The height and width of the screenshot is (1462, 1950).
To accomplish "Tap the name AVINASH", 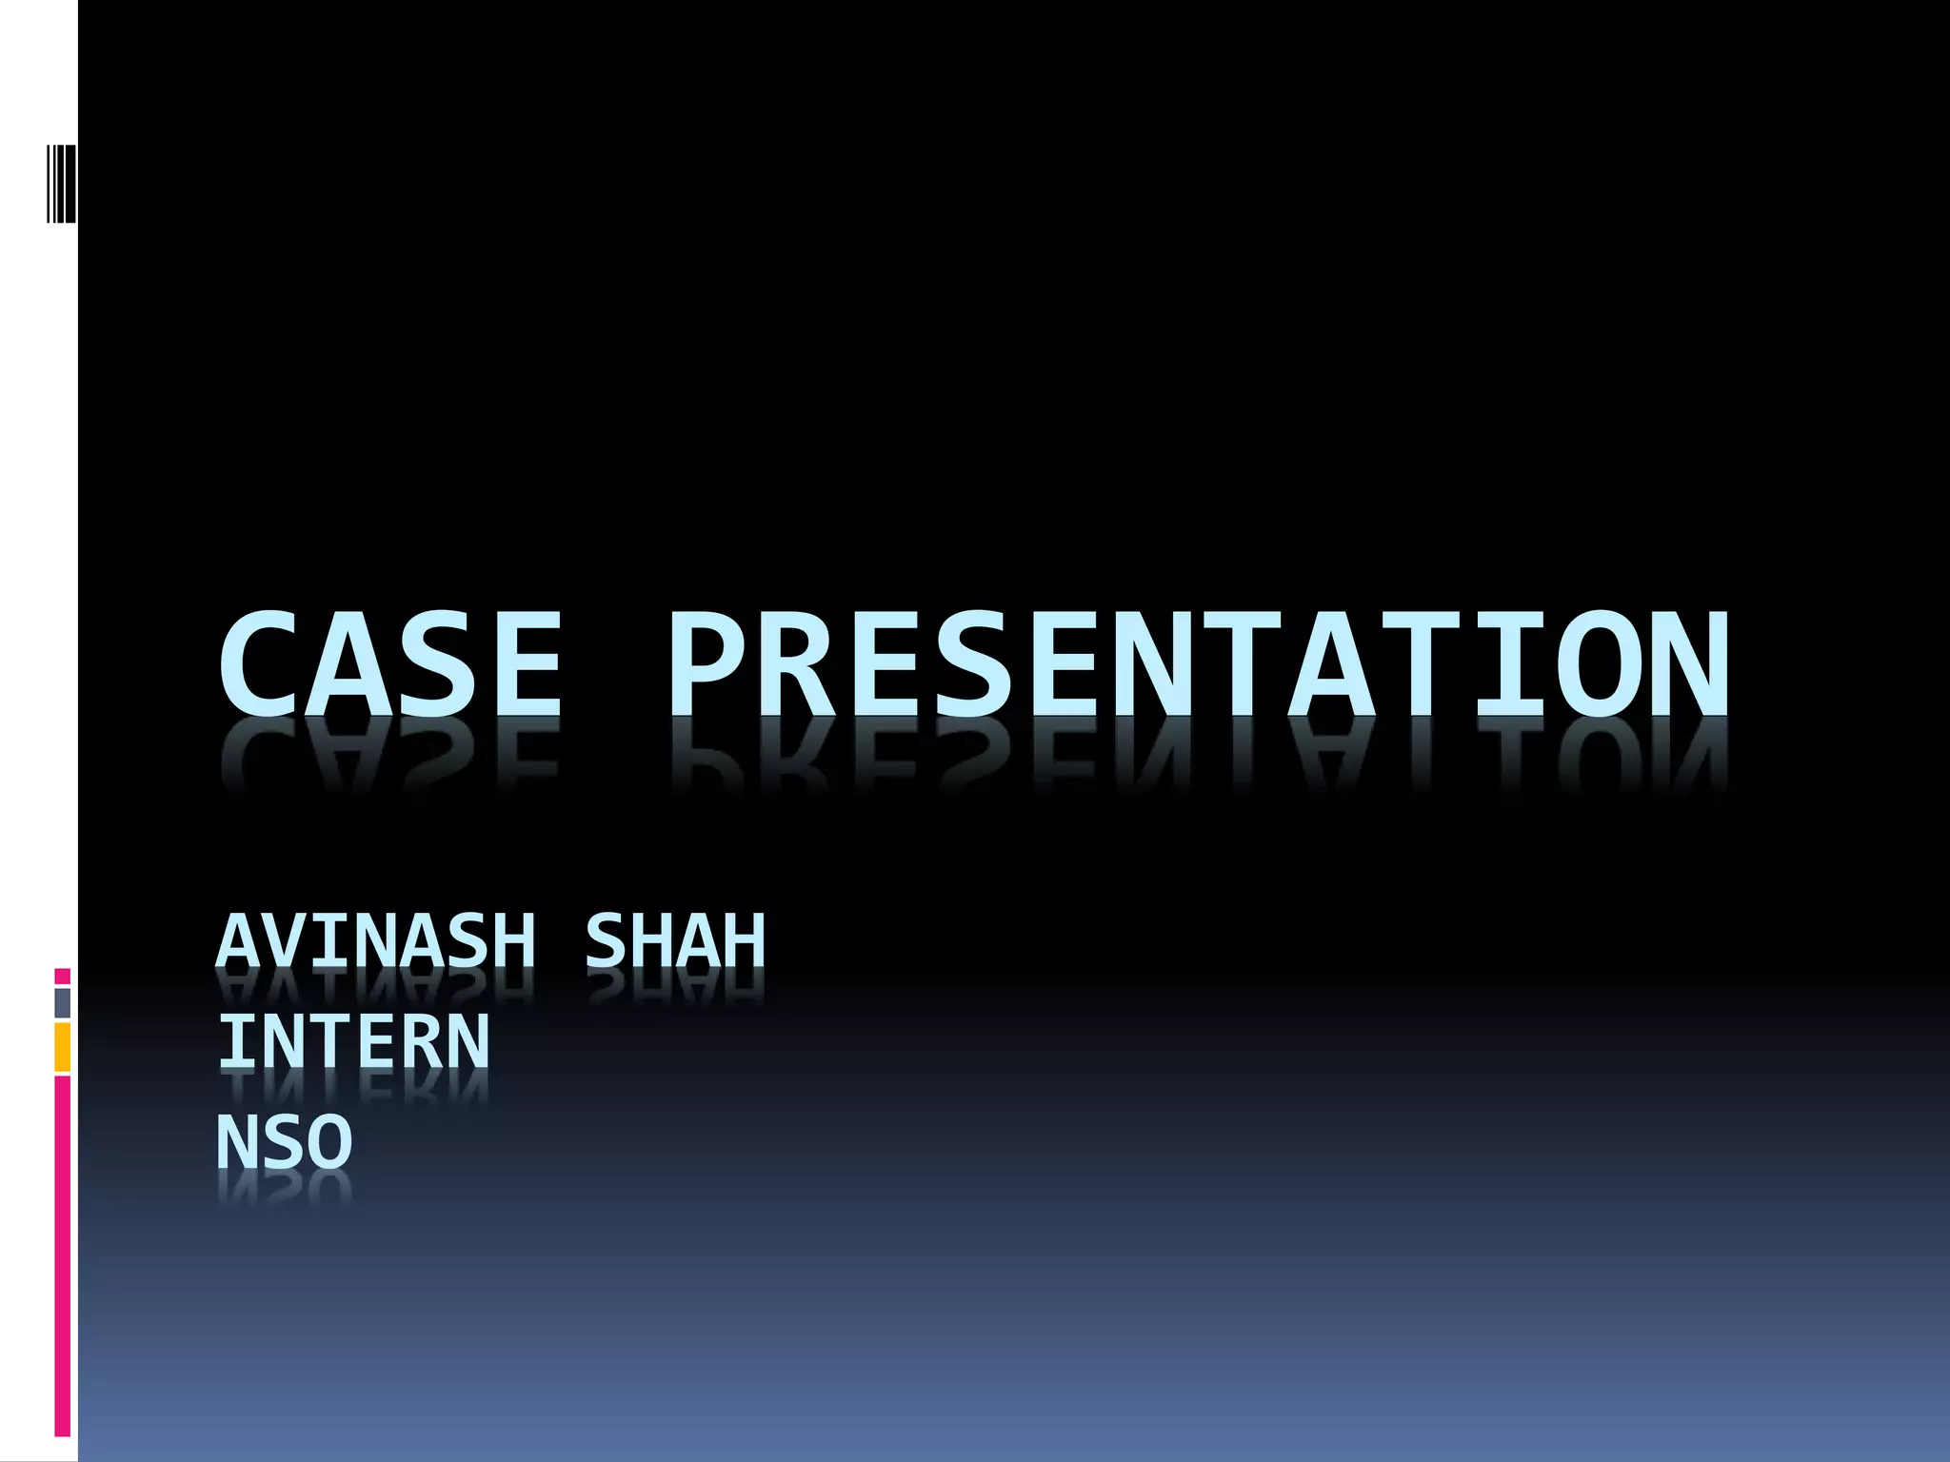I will pos(376,940).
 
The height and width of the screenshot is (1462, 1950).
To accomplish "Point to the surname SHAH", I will pos(674,940).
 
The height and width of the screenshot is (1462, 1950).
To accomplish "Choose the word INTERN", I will pos(353,1041).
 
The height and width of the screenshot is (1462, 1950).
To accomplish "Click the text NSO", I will pos(285,1142).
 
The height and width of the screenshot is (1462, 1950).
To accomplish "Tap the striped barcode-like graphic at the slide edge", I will pos(62,183).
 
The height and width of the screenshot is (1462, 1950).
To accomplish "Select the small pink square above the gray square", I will pos(62,977).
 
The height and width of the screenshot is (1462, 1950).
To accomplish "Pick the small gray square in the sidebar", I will pos(62,1003).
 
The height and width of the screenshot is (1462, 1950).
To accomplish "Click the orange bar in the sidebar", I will pos(62,1047).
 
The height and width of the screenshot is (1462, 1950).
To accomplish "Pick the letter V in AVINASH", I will pos(286,940).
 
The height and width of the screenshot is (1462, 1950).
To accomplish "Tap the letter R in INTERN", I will pos(423,1041).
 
